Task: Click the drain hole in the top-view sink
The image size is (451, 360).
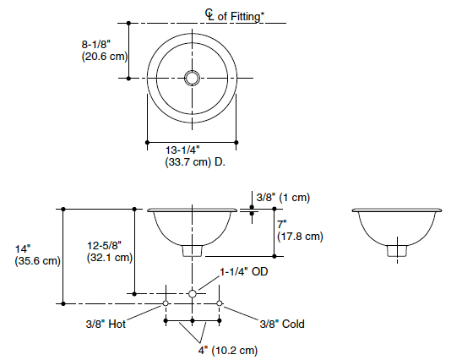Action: [x=193, y=78]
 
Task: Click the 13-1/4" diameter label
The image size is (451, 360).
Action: [x=184, y=149]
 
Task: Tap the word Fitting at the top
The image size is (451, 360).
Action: [x=246, y=14]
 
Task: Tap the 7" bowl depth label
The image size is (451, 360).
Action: [x=283, y=224]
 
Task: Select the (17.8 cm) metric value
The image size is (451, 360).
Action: [x=300, y=237]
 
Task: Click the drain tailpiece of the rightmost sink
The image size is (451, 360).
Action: [x=394, y=250]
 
